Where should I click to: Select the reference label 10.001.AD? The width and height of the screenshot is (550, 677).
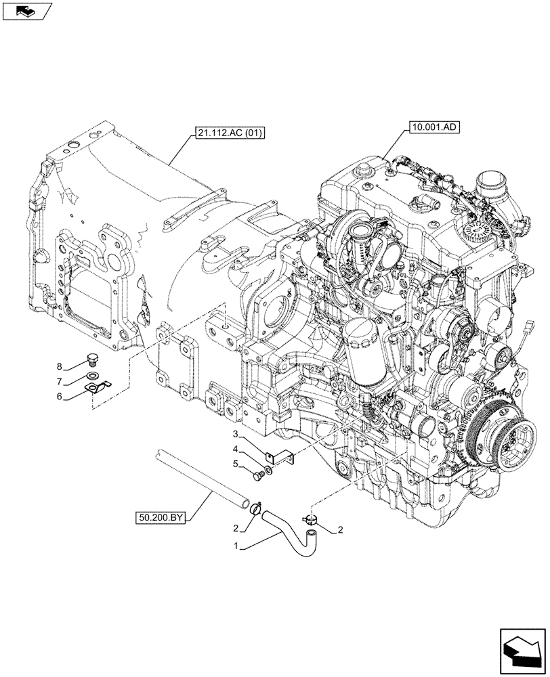click(x=433, y=126)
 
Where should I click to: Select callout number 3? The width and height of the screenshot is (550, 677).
click(x=234, y=434)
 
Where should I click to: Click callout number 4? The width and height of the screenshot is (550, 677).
click(x=234, y=450)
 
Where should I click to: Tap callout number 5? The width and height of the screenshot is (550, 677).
click(x=234, y=464)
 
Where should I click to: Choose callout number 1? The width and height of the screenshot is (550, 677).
click(x=235, y=546)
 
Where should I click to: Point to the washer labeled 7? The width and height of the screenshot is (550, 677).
click(x=93, y=375)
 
